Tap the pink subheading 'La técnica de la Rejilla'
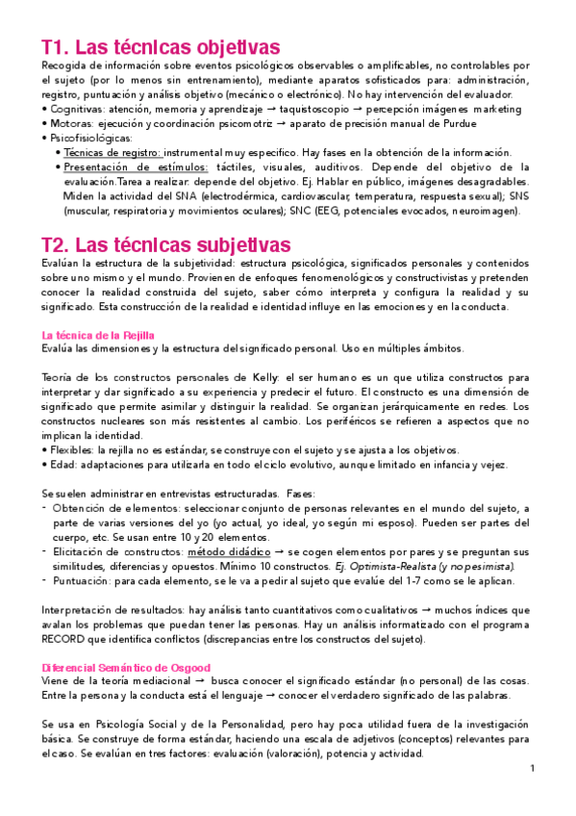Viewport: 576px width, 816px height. click(99, 334)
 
